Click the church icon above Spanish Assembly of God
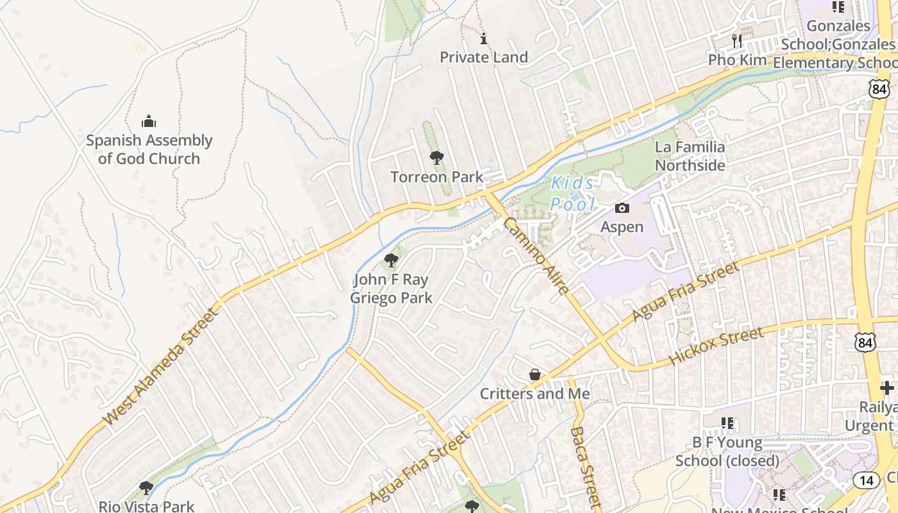click(x=149, y=121)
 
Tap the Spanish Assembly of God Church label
click(x=149, y=149)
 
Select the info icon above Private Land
click(x=484, y=39)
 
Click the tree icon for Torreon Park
click(x=437, y=157)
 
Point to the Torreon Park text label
click(x=437, y=177)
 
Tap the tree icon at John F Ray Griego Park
click(x=391, y=260)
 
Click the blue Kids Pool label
click(x=573, y=194)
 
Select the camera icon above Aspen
click(x=622, y=208)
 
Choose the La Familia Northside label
click(x=690, y=156)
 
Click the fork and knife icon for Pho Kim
click(x=737, y=41)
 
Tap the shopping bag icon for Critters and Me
click(x=535, y=374)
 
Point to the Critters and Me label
click(x=535, y=394)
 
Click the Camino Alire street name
click(x=536, y=256)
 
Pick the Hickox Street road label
click(x=716, y=346)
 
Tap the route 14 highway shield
click(x=866, y=480)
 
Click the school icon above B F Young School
click(x=727, y=423)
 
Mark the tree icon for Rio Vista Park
click(x=146, y=487)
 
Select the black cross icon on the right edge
click(x=887, y=388)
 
